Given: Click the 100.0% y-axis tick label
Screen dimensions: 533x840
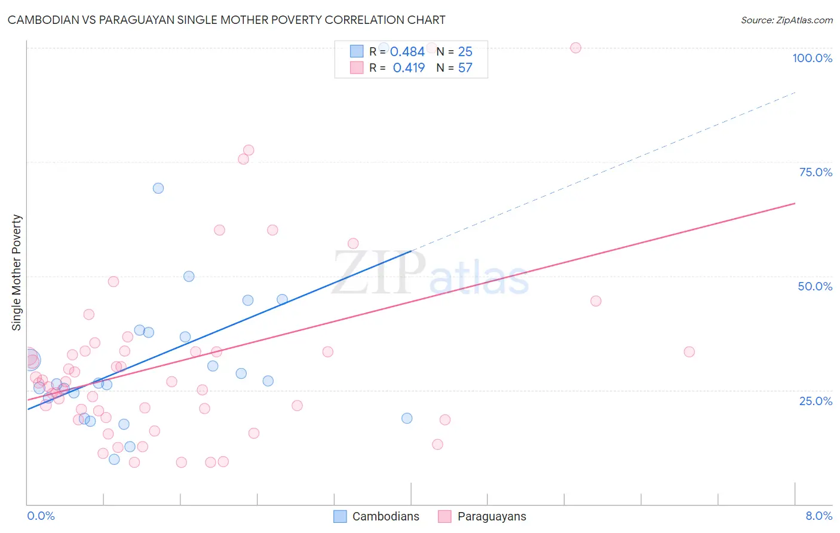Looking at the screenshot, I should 812,58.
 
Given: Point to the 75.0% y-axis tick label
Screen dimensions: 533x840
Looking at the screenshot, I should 816,172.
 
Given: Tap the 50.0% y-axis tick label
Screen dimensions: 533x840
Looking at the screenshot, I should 815,286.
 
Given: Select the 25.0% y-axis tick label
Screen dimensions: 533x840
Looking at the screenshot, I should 816,401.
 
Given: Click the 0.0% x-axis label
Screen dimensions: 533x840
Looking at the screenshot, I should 41,516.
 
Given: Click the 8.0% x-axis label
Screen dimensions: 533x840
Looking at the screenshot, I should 818,516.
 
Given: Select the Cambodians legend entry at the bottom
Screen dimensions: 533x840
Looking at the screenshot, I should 376,516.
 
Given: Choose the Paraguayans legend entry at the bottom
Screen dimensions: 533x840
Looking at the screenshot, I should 482,516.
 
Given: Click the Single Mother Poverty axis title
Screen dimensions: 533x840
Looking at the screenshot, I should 17,272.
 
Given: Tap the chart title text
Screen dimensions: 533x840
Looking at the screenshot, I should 226,20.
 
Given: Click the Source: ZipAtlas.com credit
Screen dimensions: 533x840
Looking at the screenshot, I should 786,20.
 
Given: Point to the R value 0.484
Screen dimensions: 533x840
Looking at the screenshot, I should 407,52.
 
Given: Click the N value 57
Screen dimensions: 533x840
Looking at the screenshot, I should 465,68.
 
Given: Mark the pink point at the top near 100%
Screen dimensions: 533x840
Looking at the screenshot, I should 575,48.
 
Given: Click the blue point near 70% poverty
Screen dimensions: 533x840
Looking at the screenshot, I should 158,188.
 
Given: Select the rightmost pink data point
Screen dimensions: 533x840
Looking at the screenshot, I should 689,352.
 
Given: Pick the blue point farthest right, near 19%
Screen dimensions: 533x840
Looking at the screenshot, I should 407,418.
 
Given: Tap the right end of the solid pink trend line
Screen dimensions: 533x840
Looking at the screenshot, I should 795,204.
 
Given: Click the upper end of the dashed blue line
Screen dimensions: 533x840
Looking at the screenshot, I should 795,93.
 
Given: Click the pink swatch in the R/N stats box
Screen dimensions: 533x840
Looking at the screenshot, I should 357,68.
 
